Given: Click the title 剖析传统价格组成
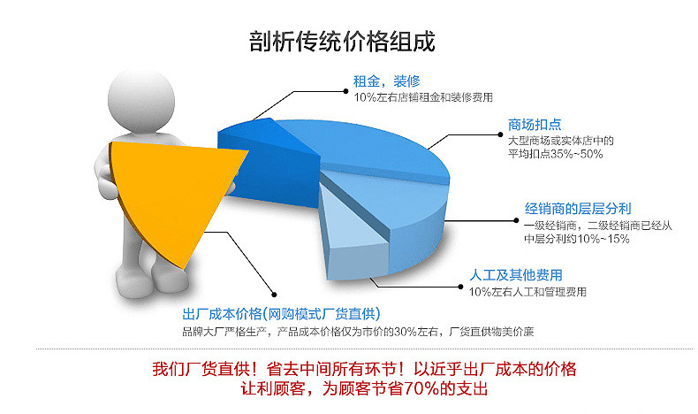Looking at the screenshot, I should (348, 42).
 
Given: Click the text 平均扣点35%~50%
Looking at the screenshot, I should (555, 154).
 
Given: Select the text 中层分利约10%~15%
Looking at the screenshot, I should (576, 239).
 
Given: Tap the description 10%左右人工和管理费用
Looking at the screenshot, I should (527, 292).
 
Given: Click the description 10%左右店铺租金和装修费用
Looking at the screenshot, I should (423, 96).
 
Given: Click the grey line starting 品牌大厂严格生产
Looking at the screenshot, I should (357, 332).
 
